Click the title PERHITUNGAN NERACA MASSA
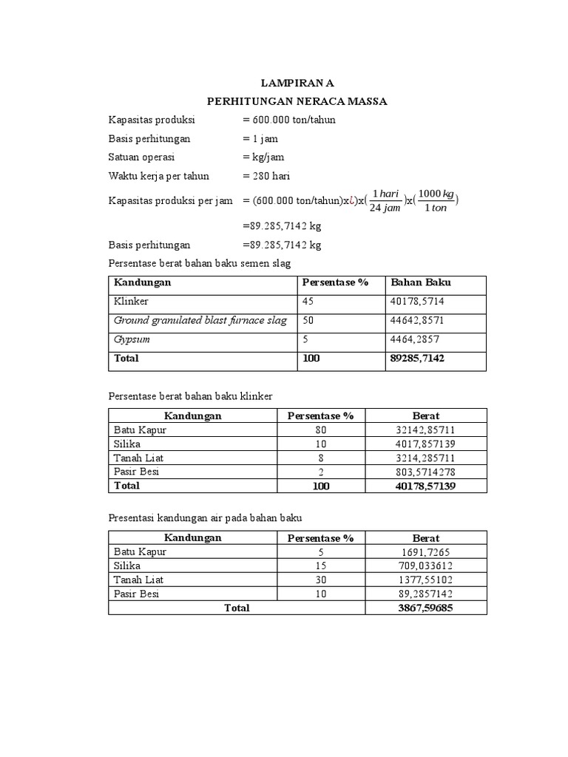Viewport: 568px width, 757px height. (x=296, y=101)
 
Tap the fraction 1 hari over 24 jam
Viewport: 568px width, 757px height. (x=385, y=200)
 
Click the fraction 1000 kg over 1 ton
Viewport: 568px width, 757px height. (x=436, y=200)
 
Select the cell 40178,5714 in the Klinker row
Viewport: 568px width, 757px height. (x=418, y=302)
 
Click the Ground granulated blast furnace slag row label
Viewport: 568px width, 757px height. (x=200, y=321)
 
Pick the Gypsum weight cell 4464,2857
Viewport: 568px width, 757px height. (x=416, y=340)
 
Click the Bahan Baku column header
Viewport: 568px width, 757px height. (x=421, y=282)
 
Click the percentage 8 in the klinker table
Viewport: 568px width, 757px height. (x=320, y=458)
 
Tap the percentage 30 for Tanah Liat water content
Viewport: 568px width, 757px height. (x=320, y=580)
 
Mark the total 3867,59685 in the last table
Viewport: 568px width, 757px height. (x=425, y=608)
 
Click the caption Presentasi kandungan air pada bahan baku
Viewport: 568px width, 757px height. (x=206, y=518)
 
